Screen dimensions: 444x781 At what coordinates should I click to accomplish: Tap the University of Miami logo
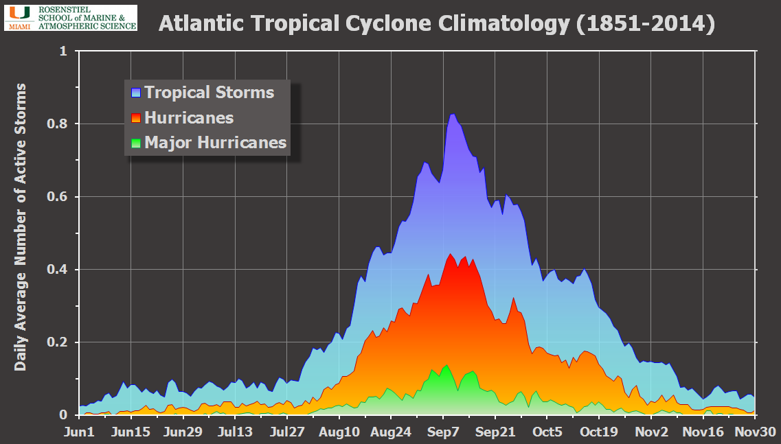tap(71, 17)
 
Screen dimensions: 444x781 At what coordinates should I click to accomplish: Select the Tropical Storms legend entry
tap(209, 93)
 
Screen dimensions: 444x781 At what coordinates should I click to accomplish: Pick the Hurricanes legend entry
tap(189, 118)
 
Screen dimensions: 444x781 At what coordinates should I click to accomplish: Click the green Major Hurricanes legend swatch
tap(136, 143)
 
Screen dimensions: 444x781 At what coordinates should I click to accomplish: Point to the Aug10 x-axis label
tap(339, 432)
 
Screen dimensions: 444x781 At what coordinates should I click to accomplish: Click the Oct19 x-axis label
tap(600, 432)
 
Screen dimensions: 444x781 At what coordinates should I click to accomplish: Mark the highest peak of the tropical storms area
tap(453, 115)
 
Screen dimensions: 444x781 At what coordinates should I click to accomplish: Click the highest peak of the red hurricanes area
tap(450, 255)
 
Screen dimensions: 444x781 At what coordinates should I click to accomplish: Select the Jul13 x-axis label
tap(236, 432)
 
